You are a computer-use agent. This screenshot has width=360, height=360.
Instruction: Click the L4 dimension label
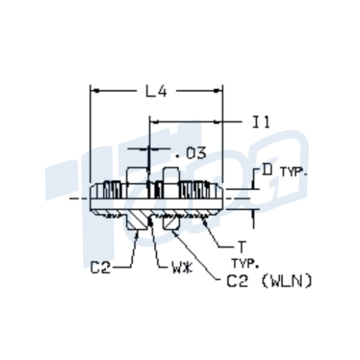click(x=156, y=91)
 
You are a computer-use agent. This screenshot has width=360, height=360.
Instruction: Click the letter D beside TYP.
click(x=268, y=171)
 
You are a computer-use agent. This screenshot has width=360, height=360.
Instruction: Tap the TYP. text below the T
click(x=243, y=262)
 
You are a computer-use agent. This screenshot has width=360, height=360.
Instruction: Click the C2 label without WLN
click(x=101, y=269)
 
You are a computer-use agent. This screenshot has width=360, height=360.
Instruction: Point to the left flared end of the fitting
click(x=96, y=198)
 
